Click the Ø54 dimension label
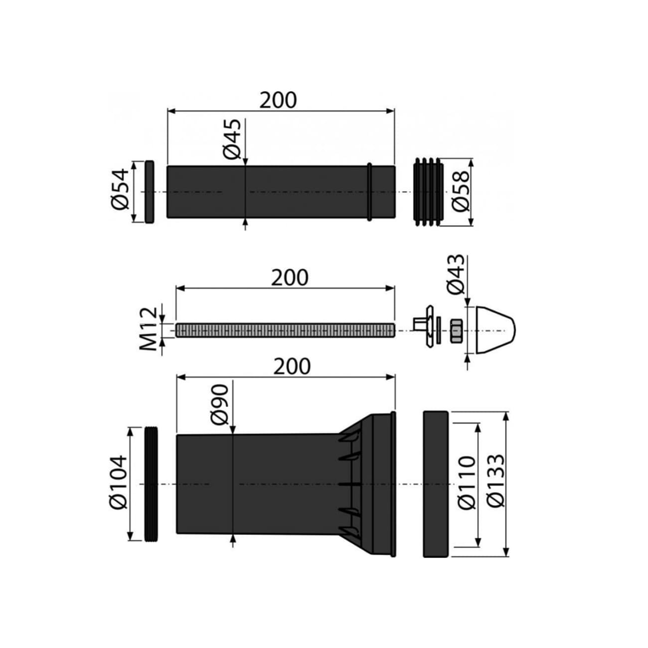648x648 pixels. pyautogui.click(x=120, y=189)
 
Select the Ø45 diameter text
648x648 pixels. pyautogui.click(x=232, y=139)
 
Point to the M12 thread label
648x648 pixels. pyautogui.click(x=149, y=329)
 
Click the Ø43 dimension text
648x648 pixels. pyautogui.click(x=456, y=274)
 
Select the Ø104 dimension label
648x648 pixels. pyautogui.click(x=119, y=483)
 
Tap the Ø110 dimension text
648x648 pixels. pyautogui.click(x=467, y=483)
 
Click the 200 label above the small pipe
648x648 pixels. pyautogui.click(x=278, y=100)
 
